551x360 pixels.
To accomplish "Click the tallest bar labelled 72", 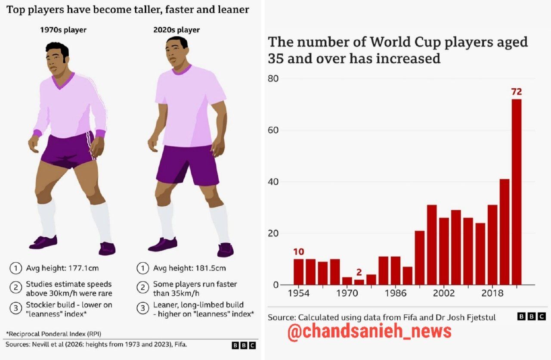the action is (x=517, y=192).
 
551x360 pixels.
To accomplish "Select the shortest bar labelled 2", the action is (x=359, y=282).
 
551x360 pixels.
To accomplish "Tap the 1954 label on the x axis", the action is (x=299, y=293).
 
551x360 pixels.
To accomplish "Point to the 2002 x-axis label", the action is (x=444, y=293).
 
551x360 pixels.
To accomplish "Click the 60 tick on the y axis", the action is (x=273, y=130).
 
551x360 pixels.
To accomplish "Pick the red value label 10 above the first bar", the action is (x=299, y=252).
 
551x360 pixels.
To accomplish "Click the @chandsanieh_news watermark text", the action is (x=369, y=332).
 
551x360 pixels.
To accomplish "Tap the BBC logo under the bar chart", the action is (x=532, y=317).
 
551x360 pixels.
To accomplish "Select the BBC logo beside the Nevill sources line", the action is (x=244, y=345).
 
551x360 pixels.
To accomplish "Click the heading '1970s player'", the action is (x=63, y=30).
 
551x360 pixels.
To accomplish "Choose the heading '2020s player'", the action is (x=176, y=30).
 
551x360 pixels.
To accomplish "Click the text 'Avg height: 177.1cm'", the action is (x=62, y=268).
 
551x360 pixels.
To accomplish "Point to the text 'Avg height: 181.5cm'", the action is (x=189, y=268).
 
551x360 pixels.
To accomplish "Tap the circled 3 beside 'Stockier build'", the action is (x=16, y=308).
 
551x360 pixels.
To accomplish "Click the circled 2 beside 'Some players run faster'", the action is (x=142, y=287).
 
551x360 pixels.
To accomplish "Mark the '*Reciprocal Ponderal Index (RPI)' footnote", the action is (x=54, y=334).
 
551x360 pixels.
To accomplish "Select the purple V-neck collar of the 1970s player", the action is (x=63, y=80).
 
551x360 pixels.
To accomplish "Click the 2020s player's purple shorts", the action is (x=187, y=165).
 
